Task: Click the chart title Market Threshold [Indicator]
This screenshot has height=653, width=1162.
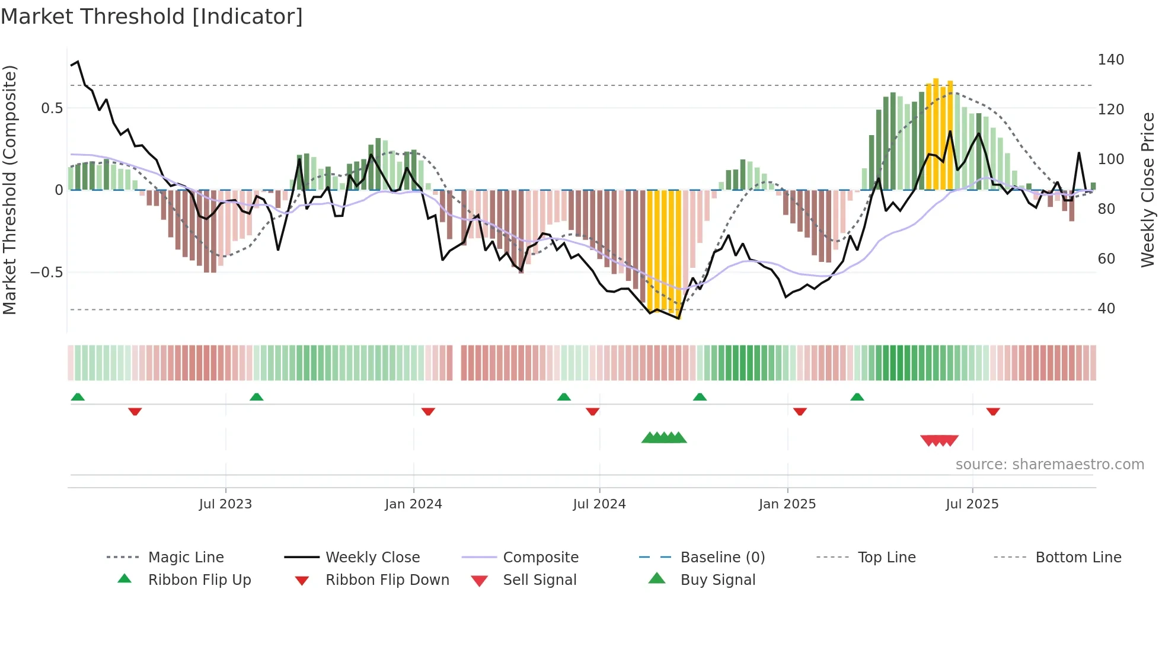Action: point(152,17)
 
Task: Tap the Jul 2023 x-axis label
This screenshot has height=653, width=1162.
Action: point(225,504)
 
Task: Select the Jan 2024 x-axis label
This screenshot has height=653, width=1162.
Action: point(413,504)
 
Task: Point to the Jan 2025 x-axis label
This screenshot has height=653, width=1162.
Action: point(787,504)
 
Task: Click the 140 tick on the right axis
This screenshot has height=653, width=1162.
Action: point(1110,60)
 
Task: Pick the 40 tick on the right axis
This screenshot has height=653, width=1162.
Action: point(1106,309)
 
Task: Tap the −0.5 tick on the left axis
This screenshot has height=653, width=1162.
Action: point(46,273)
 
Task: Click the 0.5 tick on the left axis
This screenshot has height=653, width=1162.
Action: point(52,108)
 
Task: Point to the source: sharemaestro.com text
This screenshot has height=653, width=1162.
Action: point(1049,465)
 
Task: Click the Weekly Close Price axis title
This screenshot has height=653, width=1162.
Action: point(1148,190)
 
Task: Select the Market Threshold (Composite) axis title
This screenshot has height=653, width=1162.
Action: point(9,190)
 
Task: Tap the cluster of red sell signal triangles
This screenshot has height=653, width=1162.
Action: point(939,440)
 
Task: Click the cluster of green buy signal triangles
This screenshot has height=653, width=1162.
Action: point(664,438)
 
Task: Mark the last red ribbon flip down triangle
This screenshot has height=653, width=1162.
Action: point(993,411)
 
